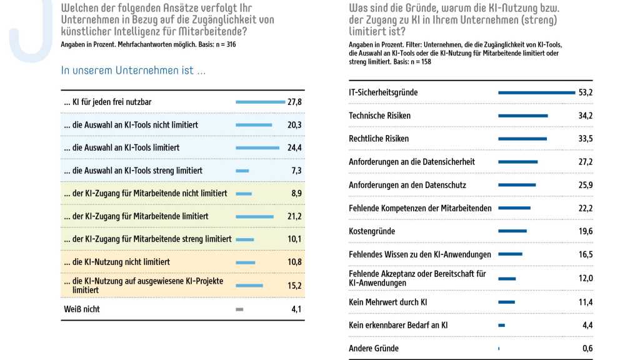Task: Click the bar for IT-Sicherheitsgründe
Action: [536, 92]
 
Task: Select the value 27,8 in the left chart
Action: [294, 102]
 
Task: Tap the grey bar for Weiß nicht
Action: [239, 309]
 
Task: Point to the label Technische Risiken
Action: [379, 116]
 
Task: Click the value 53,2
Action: [586, 92]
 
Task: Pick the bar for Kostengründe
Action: [512, 231]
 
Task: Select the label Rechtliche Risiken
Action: [379, 139]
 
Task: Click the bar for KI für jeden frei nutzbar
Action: [260, 102]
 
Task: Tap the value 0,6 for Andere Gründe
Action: [587, 348]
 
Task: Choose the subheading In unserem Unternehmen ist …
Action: [133, 70]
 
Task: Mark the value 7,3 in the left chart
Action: [296, 171]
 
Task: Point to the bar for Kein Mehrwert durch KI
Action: [506, 302]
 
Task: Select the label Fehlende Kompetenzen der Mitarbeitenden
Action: [420, 208]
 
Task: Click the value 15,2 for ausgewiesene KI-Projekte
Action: [294, 285]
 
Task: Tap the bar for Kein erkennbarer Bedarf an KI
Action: [501, 325]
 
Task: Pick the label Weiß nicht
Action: [81, 309]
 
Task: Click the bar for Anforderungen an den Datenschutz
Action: [517, 185]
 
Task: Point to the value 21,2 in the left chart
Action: [294, 216]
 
